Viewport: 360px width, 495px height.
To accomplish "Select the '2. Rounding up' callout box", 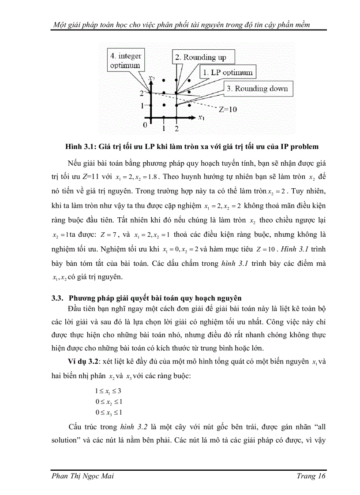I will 201,57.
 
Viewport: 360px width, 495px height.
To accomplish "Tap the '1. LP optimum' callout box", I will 227,72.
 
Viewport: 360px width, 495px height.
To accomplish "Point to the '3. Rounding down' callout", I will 256,89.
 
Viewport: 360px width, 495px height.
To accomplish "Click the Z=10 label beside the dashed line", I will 228,109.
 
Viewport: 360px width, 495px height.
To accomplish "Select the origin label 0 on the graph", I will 145,125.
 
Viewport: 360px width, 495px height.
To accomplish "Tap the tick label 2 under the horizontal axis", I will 176,128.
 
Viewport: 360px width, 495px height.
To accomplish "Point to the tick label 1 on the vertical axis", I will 142,106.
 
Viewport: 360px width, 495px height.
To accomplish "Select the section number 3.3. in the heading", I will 59,298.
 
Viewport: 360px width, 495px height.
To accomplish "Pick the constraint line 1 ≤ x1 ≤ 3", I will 109,391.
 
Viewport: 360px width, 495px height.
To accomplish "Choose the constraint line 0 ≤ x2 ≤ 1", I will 109,402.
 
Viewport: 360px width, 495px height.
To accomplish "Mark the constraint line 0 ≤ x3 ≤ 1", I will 109,413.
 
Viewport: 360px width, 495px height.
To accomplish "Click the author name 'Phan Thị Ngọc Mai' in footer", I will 83,476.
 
